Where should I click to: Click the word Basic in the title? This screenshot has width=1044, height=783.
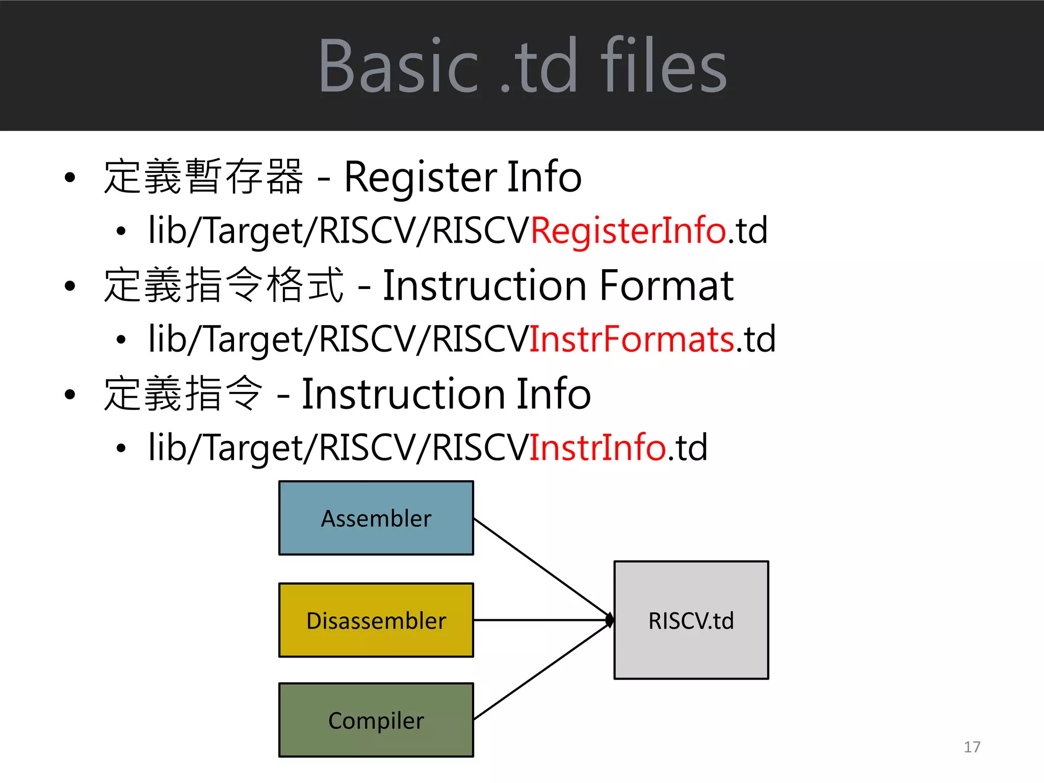[x=398, y=66]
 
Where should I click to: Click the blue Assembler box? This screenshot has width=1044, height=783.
[x=376, y=518]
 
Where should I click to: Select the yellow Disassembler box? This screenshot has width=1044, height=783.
[x=376, y=620]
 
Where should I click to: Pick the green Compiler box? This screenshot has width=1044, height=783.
[x=376, y=720]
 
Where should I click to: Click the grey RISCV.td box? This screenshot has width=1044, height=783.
[x=691, y=620]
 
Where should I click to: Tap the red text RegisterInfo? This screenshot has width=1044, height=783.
[x=628, y=230]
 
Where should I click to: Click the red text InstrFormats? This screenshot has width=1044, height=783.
[x=632, y=339]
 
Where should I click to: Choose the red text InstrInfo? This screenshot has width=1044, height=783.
[x=597, y=448]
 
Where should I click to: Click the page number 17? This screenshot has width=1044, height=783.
[x=972, y=747]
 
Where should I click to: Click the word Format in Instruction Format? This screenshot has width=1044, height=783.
[x=666, y=285]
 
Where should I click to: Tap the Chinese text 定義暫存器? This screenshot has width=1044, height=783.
[x=203, y=177]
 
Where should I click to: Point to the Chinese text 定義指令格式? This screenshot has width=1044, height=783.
[x=223, y=285]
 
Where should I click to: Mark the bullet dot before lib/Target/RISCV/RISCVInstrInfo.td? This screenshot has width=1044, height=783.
[x=121, y=449]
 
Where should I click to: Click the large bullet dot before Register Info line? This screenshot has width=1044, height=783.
[x=70, y=178]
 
